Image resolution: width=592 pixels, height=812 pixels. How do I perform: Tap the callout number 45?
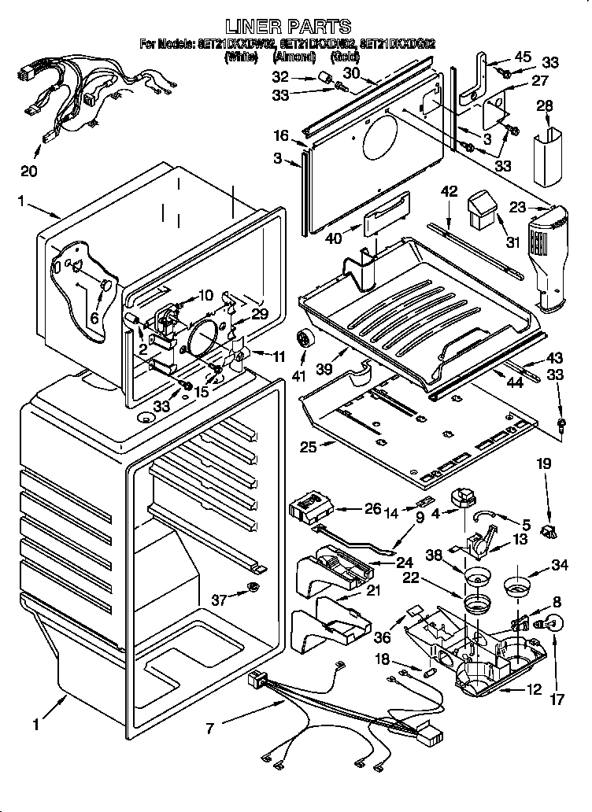(x=523, y=56)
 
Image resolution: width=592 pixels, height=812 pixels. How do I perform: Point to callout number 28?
(x=544, y=105)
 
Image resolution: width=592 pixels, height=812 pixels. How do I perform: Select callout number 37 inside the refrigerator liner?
(x=219, y=600)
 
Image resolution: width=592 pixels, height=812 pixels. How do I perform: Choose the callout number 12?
(x=534, y=690)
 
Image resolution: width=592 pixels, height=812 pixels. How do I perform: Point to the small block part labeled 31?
(x=479, y=209)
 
